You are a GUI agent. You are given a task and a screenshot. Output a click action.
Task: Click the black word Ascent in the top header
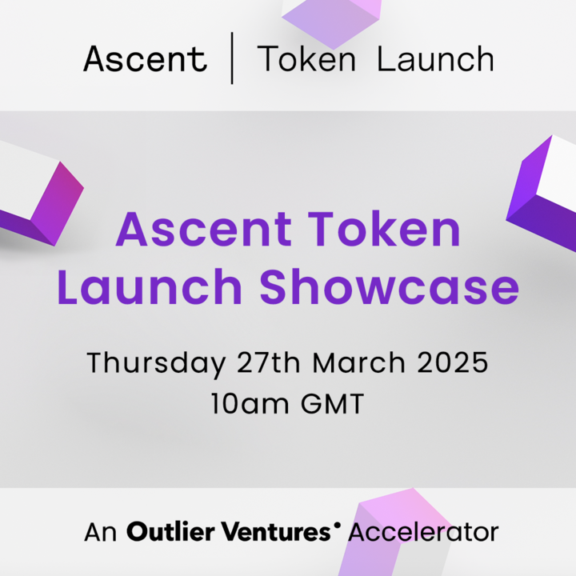pyautogui.click(x=146, y=58)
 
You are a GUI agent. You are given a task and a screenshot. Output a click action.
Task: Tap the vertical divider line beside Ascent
pyautogui.click(x=232, y=58)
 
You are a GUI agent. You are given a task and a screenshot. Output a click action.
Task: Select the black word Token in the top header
pyautogui.click(x=306, y=58)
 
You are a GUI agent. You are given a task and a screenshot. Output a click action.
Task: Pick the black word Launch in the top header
pyautogui.click(x=436, y=58)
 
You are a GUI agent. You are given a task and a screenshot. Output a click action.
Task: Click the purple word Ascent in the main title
pyautogui.click(x=204, y=230)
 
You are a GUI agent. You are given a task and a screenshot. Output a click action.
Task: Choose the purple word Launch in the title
pyautogui.click(x=150, y=286)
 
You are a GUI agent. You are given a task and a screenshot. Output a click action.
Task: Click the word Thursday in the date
pyautogui.click(x=156, y=363)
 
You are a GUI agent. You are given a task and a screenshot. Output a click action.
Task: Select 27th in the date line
pyautogui.click(x=269, y=362)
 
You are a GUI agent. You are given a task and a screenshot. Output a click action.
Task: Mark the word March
pyautogui.click(x=359, y=362)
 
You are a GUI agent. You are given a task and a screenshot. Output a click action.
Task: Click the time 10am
pyautogui.click(x=250, y=403)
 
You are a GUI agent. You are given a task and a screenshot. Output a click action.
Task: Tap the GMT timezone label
pyautogui.click(x=333, y=403)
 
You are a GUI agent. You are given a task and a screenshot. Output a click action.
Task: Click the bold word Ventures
pyautogui.click(x=275, y=532)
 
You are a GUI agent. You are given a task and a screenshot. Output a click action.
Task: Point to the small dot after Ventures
pyautogui.click(x=337, y=524)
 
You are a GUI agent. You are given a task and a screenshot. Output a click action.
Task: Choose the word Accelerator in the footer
pyautogui.click(x=423, y=532)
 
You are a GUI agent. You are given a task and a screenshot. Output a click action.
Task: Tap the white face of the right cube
pyautogui.click(x=558, y=173)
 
